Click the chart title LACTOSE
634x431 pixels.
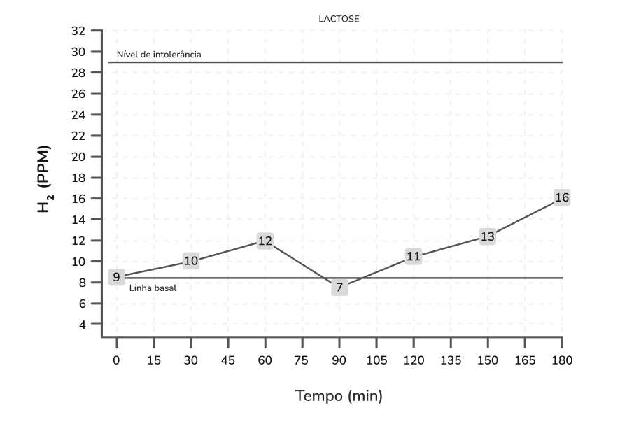click(339, 19)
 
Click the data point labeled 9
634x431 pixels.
click(117, 277)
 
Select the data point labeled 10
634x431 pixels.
click(191, 261)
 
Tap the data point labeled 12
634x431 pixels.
click(265, 241)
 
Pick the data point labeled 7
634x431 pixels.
click(339, 287)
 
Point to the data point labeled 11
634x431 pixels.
click(414, 256)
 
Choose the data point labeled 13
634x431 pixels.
click(488, 236)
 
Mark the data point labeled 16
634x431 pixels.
click(562, 197)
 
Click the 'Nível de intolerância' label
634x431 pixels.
click(159, 55)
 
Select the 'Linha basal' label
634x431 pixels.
click(153, 288)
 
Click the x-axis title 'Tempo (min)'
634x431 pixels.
click(339, 396)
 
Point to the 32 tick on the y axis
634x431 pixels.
click(78, 31)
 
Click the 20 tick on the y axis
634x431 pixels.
click(78, 157)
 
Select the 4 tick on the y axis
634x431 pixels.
click(82, 325)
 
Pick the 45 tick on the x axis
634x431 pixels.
click(228, 361)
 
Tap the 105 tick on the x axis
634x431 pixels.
click(376, 361)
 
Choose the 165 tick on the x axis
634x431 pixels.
click(525, 361)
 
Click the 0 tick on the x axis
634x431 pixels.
click(117, 361)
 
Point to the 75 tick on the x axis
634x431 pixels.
click(302, 361)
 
